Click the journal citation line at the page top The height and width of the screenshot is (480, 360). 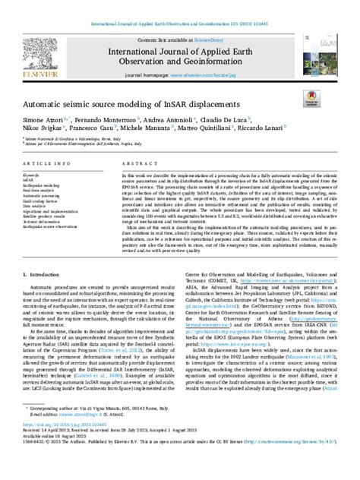179,7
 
